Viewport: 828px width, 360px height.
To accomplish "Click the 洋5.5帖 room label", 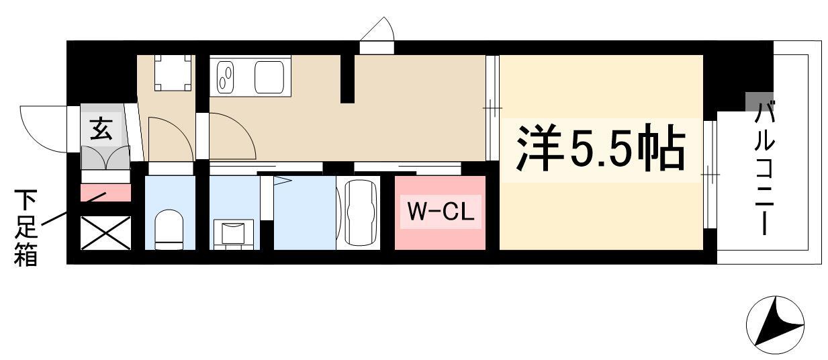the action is (600, 148).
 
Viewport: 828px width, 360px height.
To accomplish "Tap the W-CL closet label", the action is (441, 212).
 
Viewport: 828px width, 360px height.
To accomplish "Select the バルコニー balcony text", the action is (764, 167).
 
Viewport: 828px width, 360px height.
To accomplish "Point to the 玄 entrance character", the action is (101, 129).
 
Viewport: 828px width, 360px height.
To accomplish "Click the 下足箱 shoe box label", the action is (26, 228).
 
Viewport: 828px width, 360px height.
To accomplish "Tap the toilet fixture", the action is (169, 230).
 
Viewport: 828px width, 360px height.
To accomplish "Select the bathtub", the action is (361, 212).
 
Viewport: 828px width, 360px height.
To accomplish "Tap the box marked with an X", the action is (105, 233).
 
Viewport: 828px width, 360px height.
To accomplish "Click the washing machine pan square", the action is (173, 73).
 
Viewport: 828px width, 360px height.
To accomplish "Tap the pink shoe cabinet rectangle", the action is (105, 193).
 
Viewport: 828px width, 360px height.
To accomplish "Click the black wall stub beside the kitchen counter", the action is (347, 79).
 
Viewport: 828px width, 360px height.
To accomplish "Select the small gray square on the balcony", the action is (760, 102).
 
